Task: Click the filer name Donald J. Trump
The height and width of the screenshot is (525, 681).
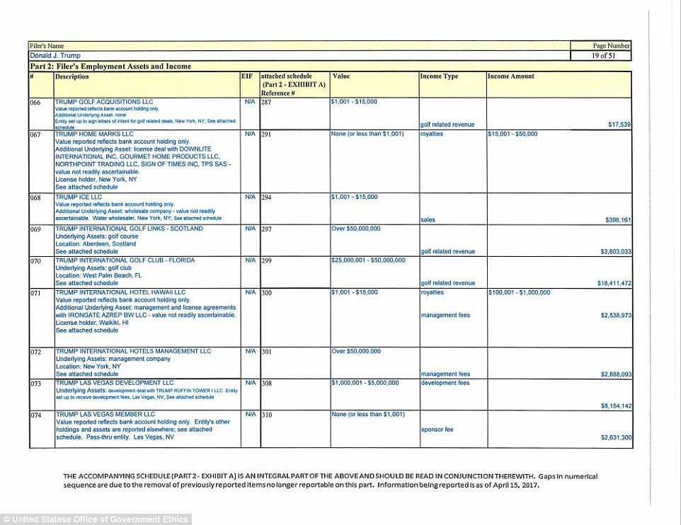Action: [55, 55]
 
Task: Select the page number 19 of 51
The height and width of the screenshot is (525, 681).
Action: [600, 55]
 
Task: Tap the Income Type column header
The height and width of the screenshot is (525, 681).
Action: [439, 76]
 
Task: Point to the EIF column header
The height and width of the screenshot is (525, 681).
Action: [247, 75]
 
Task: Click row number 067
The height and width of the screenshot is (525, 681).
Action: [35, 134]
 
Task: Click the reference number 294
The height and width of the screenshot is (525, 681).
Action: [268, 197]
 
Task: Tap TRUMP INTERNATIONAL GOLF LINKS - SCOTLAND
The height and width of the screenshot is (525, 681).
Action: [130, 229]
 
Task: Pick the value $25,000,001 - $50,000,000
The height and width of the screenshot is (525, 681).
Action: [368, 260]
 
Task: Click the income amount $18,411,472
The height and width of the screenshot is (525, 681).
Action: [614, 283]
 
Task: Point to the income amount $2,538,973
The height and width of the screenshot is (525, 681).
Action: [616, 315]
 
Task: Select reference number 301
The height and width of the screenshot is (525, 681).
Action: [268, 352]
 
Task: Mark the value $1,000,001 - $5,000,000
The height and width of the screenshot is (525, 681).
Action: [365, 383]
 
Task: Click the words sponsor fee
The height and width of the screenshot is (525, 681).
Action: [437, 429]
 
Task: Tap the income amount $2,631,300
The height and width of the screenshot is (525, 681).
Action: [616, 438]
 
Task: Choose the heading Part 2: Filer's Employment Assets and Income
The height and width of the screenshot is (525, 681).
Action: [110, 67]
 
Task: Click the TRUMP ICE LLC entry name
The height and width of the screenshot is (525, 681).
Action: [79, 197]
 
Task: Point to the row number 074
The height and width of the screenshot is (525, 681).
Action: [35, 415]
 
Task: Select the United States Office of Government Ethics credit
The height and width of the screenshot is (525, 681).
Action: [96, 519]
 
